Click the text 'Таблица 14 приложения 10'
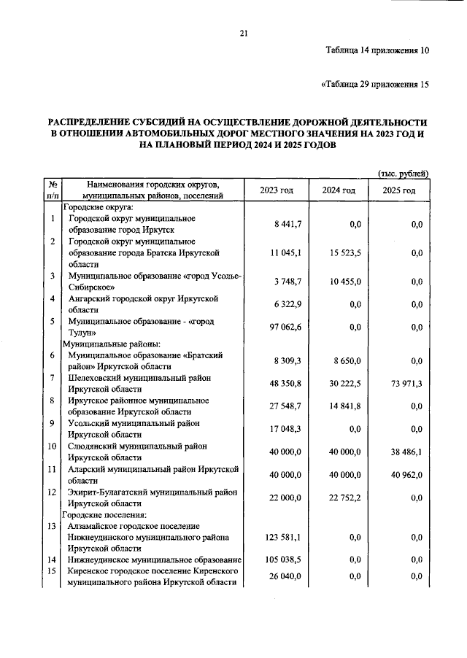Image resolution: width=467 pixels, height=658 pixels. (x=377, y=50)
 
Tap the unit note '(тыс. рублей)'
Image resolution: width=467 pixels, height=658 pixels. (x=402, y=173)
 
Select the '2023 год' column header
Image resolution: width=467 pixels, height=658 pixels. (x=277, y=190)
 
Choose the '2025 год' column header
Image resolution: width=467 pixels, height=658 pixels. (x=399, y=190)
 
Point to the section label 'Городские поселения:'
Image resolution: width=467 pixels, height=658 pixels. (x=108, y=514)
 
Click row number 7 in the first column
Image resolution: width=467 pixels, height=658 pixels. (x=53, y=377)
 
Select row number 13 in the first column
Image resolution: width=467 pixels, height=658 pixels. (x=53, y=525)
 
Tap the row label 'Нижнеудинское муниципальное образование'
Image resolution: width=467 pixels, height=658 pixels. (x=155, y=560)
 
